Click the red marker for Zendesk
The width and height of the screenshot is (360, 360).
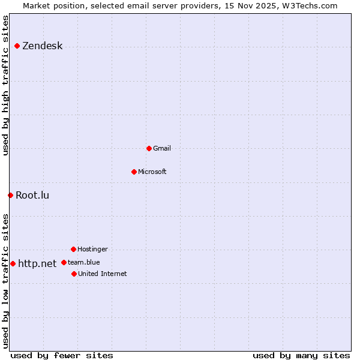click(x=17, y=46)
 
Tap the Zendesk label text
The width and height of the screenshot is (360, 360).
click(x=42, y=46)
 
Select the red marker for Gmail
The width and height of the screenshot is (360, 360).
click(x=149, y=148)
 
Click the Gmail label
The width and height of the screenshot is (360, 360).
click(x=162, y=148)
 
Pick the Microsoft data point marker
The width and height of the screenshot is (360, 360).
click(x=134, y=172)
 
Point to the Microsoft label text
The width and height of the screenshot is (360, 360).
click(x=152, y=172)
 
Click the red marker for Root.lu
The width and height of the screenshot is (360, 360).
click(x=10, y=195)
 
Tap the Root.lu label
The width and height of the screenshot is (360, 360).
click(x=32, y=195)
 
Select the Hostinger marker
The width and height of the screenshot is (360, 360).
click(x=73, y=249)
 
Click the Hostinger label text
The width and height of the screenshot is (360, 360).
click(x=92, y=249)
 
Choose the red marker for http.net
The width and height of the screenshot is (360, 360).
click(x=13, y=263)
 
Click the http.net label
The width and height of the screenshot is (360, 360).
click(x=37, y=263)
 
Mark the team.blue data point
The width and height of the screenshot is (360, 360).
click(x=64, y=262)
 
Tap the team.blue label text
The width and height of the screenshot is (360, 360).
click(x=84, y=262)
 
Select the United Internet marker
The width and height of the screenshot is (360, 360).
click(x=74, y=274)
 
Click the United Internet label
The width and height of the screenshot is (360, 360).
click(x=103, y=274)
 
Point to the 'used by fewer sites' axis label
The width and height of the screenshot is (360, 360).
click(x=62, y=355)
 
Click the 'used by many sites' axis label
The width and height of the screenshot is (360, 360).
click(x=301, y=355)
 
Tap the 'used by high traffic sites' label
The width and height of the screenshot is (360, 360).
click(x=5, y=86)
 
